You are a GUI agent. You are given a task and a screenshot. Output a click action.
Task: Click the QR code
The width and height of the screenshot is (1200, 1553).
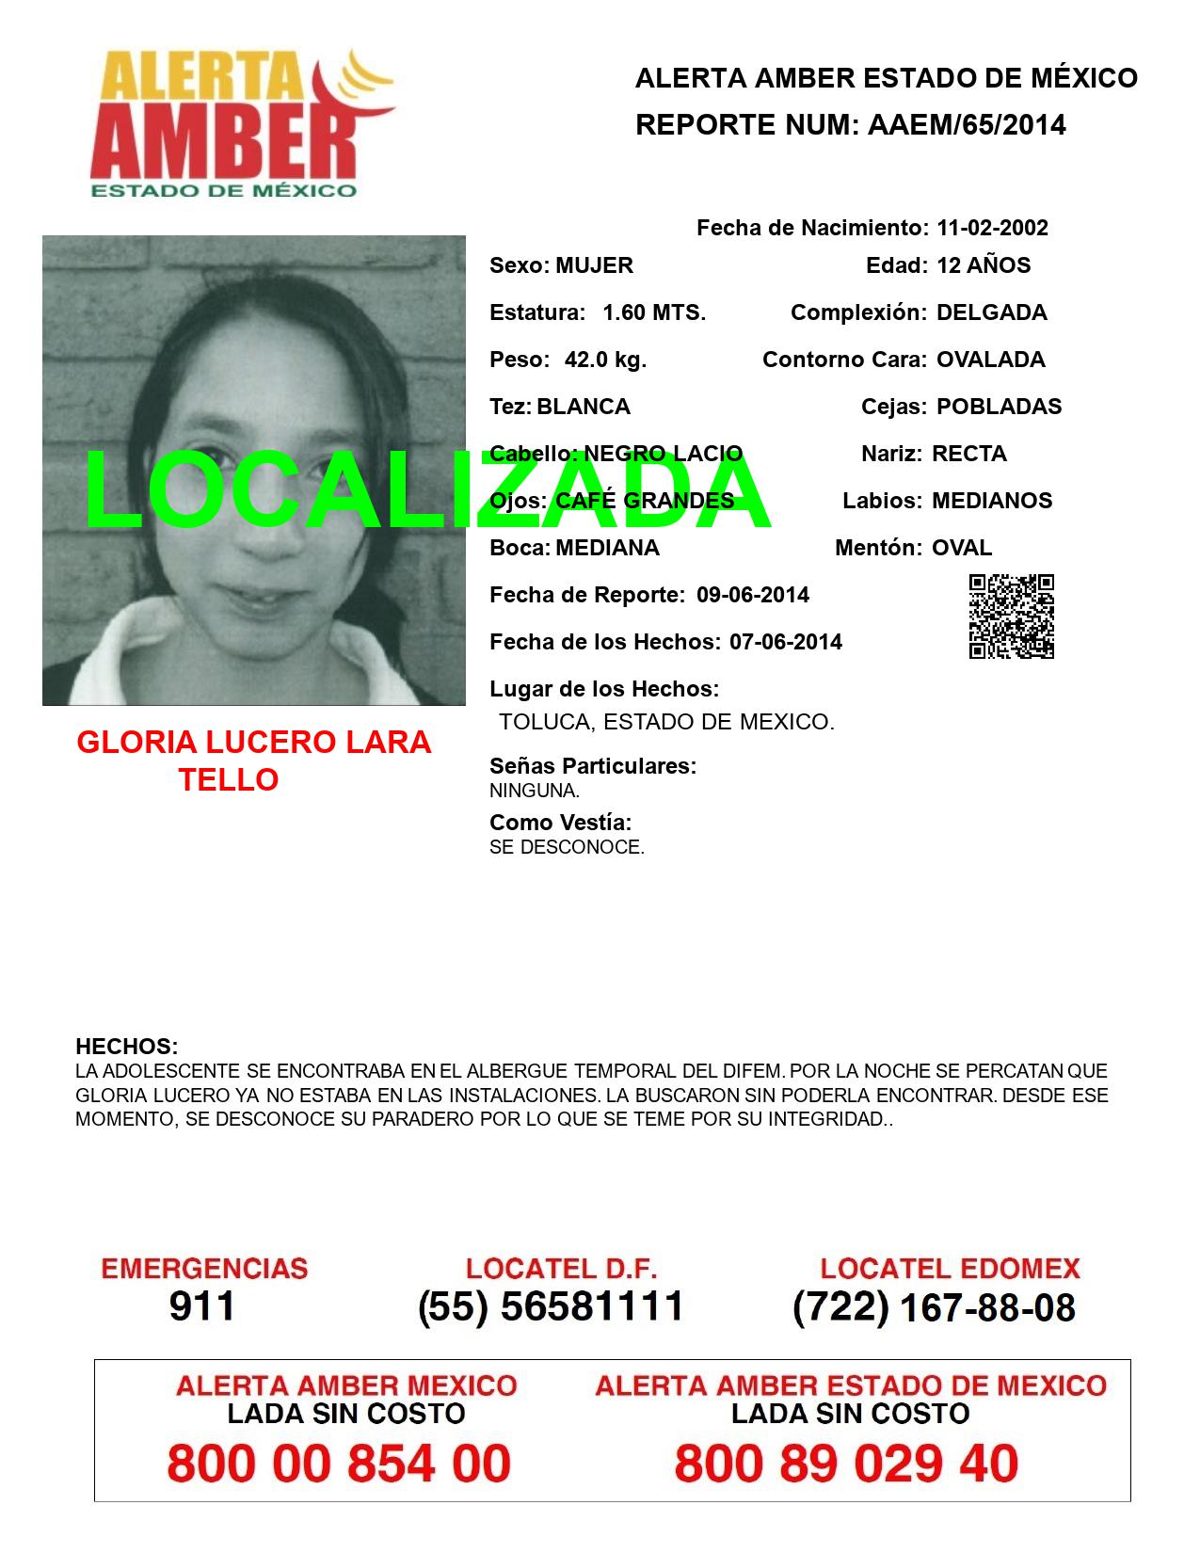pyautogui.click(x=1012, y=616)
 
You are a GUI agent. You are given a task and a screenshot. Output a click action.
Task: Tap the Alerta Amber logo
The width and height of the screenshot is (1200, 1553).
pyautogui.click(x=240, y=122)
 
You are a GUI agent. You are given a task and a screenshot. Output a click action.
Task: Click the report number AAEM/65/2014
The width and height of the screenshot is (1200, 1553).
pyautogui.click(x=967, y=125)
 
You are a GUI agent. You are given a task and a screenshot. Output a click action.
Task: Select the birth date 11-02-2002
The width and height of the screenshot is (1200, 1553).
pyautogui.click(x=992, y=228)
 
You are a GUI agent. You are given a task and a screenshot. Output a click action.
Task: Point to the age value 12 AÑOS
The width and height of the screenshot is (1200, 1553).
pyautogui.click(x=984, y=265)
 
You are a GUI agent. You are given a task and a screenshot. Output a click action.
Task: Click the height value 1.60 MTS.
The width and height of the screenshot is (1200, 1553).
pyautogui.click(x=654, y=312)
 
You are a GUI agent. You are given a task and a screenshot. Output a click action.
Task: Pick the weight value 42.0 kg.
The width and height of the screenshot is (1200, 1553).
pyautogui.click(x=605, y=360)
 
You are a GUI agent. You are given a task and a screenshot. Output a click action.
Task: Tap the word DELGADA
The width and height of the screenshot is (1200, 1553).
pyautogui.click(x=991, y=312)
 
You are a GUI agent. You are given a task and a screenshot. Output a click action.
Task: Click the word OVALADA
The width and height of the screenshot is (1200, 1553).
pyautogui.click(x=990, y=360)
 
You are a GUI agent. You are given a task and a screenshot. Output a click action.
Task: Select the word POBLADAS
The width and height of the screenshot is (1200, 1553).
pyautogui.click(x=999, y=407)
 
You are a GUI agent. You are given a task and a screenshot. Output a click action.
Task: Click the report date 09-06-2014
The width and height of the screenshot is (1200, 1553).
pyautogui.click(x=753, y=595)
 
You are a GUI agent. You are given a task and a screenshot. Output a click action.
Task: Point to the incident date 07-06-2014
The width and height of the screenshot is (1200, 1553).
pyautogui.click(x=786, y=642)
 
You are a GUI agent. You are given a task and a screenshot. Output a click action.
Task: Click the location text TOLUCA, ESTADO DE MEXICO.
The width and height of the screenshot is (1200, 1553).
pyautogui.click(x=666, y=723)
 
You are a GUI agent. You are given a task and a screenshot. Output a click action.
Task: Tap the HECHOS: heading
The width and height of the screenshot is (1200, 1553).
pyautogui.click(x=127, y=1047)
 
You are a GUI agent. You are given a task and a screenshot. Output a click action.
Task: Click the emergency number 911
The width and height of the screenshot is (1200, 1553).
pyautogui.click(x=202, y=1306)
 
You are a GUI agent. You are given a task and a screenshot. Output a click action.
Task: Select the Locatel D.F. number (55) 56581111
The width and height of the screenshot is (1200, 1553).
pyautogui.click(x=551, y=1306)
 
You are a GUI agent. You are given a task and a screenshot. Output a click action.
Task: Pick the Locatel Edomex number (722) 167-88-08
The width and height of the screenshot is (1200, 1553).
pyautogui.click(x=934, y=1306)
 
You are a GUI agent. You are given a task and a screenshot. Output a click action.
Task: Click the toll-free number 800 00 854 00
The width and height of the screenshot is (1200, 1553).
pyautogui.click(x=339, y=1464)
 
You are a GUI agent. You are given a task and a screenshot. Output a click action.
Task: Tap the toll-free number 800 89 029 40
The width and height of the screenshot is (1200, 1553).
pyautogui.click(x=846, y=1464)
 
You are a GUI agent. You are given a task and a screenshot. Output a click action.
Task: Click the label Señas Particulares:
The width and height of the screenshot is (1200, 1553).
pyautogui.click(x=593, y=766)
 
